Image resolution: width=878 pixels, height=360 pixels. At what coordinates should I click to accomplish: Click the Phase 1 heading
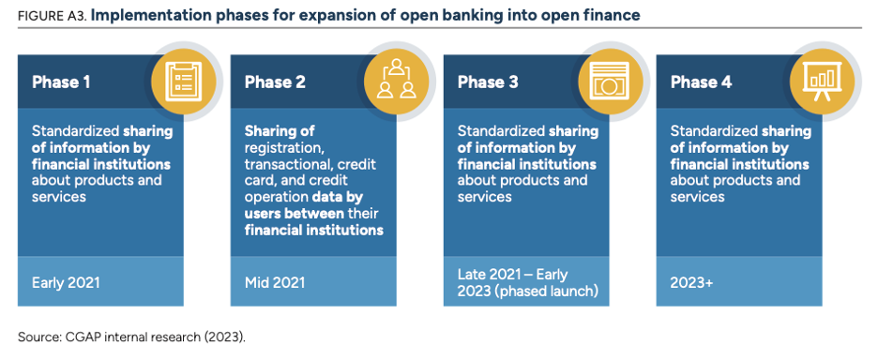click(61, 82)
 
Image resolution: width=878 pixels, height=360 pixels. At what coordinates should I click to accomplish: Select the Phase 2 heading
click(275, 82)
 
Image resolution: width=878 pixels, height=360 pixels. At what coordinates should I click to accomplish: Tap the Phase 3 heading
click(488, 82)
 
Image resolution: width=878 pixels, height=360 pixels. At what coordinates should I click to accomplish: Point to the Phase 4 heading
click(701, 82)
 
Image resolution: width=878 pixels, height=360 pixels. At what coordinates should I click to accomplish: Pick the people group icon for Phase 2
click(397, 80)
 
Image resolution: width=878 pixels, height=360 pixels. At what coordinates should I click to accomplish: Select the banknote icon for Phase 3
click(610, 80)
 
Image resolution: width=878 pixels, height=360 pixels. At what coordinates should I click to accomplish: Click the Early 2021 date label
click(66, 283)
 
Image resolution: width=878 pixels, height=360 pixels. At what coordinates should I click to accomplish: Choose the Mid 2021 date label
click(275, 283)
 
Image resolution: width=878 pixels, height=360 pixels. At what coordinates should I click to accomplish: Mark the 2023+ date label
click(692, 283)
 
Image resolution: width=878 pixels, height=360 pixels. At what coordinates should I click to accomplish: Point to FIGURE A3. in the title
click(53, 16)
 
